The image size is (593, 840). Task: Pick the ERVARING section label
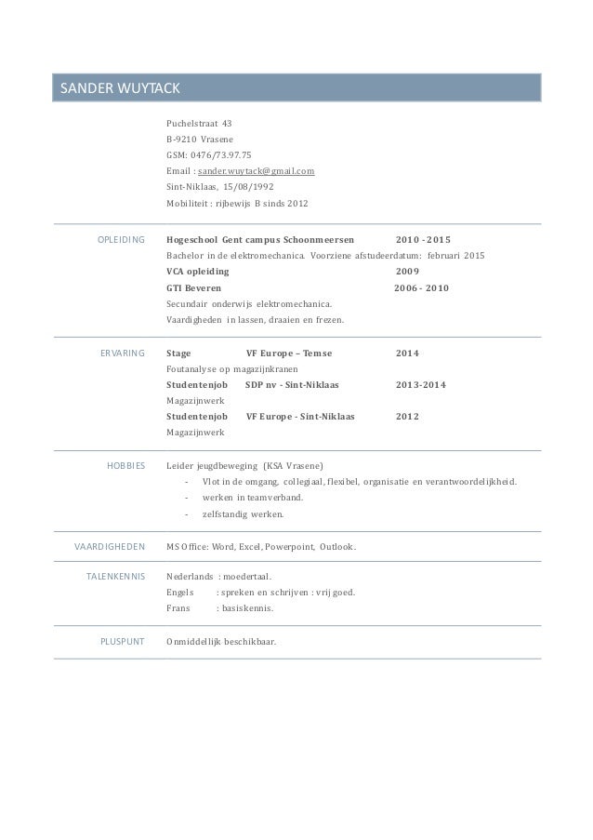(x=122, y=353)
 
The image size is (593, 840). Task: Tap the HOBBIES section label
(x=125, y=466)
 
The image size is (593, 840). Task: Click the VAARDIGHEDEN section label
(x=109, y=546)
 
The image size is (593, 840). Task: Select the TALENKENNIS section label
(x=114, y=578)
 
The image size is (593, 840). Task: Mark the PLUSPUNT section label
(x=122, y=642)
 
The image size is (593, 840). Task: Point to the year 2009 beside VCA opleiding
(x=407, y=272)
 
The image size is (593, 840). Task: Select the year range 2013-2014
(x=420, y=385)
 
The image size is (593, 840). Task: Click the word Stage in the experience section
(x=179, y=353)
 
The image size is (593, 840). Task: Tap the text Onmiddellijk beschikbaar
(x=220, y=642)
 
